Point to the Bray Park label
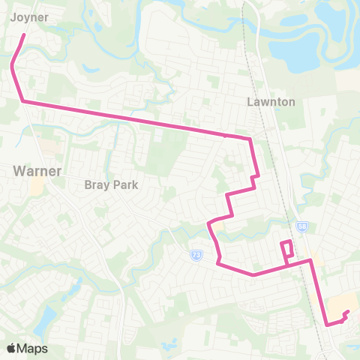pos(112,184)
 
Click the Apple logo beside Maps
pos(11,348)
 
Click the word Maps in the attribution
pos(33,348)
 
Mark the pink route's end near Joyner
pos(24,34)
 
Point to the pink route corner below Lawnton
pos(250,139)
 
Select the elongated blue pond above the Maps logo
pos(43,318)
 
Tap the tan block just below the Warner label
pos(37,186)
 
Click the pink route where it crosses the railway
pos(309,261)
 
